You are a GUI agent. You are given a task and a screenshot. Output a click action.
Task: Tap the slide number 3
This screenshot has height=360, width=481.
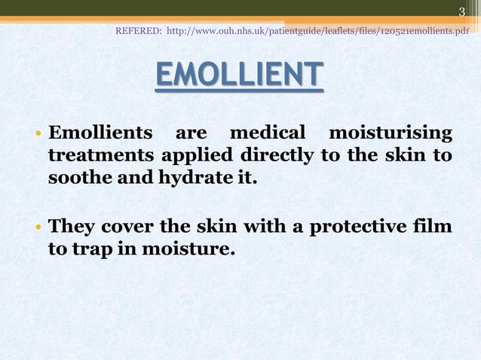462,11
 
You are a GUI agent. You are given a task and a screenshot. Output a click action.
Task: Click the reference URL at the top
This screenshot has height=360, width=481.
317,32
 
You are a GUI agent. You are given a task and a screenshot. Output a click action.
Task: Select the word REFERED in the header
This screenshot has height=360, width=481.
137,32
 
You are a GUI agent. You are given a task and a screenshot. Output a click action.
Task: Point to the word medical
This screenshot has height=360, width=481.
268,135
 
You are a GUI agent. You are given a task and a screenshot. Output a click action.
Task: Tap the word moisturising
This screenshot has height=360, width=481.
391,135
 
